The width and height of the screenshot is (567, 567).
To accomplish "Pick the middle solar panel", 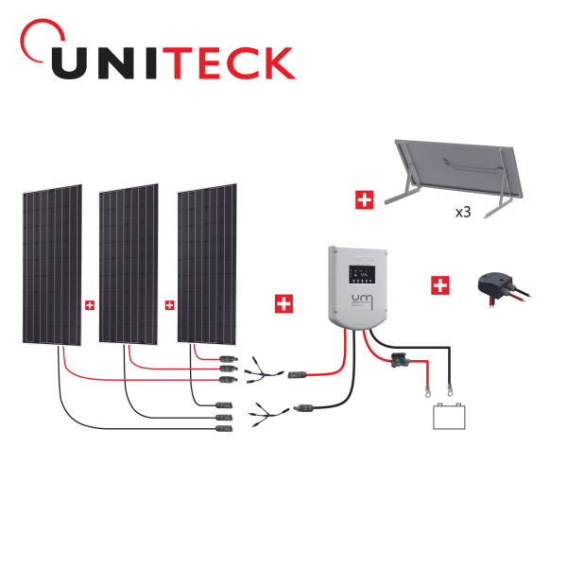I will [x=129, y=266].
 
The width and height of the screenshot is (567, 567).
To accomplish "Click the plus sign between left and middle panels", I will [x=90, y=305].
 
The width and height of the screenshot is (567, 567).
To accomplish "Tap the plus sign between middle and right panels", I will [x=169, y=304].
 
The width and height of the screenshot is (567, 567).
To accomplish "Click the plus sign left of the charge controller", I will [x=283, y=303].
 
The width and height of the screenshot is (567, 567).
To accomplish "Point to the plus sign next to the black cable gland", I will [x=439, y=284].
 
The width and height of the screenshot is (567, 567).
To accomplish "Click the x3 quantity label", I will [x=463, y=214].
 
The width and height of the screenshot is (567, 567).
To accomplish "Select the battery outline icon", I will [x=449, y=416].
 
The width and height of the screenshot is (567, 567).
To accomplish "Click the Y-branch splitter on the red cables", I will [x=257, y=370].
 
